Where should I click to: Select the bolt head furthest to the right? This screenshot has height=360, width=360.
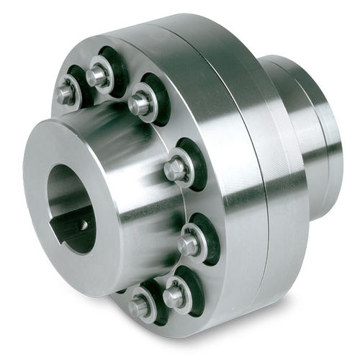pyautogui.click(x=188, y=244)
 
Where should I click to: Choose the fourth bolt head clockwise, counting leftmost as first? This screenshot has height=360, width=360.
pyautogui.click(x=175, y=169)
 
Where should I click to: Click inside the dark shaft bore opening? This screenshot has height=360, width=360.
pyautogui.click(x=68, y=202)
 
